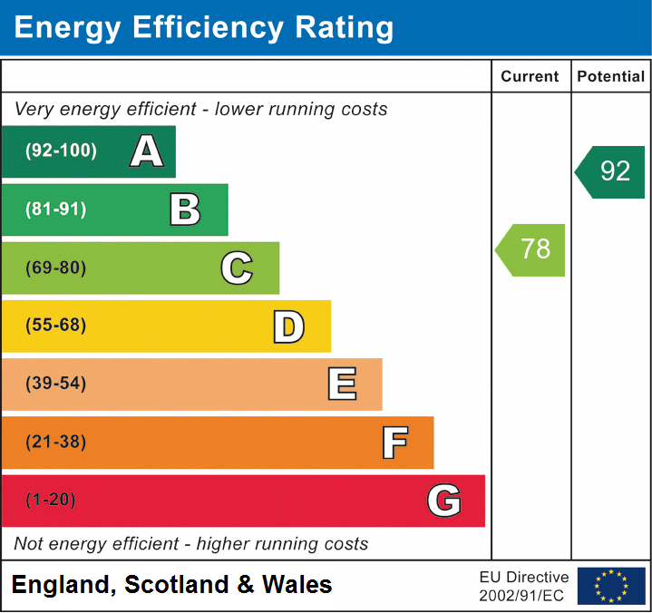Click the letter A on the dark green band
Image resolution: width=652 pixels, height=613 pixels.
147,151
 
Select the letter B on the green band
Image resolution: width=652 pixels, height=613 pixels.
185,209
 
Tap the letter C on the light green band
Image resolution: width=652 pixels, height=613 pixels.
237,268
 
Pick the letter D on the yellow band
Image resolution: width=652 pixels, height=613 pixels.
288,326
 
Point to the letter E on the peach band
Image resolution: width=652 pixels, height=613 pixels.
341,384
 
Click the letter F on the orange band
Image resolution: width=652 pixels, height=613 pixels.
394,443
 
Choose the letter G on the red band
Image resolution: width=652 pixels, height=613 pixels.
444,501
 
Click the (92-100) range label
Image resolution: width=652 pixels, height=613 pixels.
62,151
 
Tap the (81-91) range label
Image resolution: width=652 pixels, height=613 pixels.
56,209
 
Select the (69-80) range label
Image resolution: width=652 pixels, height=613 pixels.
56,268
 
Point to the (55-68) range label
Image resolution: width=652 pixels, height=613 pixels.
56,326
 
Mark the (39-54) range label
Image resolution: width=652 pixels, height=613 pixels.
56,384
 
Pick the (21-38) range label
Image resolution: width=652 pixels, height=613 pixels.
56,443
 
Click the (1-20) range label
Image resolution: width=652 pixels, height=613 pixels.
51,501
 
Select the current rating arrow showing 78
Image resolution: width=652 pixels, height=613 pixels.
531,249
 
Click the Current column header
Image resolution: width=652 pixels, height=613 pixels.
531,77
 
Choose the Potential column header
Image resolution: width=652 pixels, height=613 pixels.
611,77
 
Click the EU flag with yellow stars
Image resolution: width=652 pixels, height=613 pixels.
611,586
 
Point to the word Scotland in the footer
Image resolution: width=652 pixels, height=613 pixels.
177,585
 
